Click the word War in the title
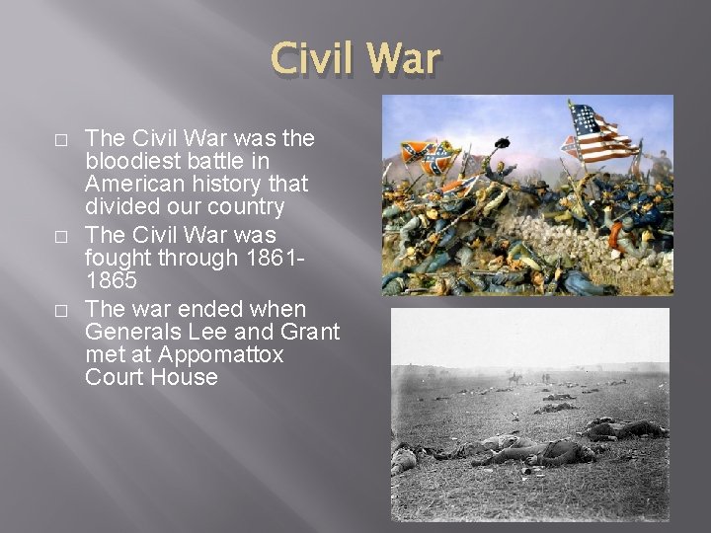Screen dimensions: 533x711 404,58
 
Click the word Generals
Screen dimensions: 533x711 132,333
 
